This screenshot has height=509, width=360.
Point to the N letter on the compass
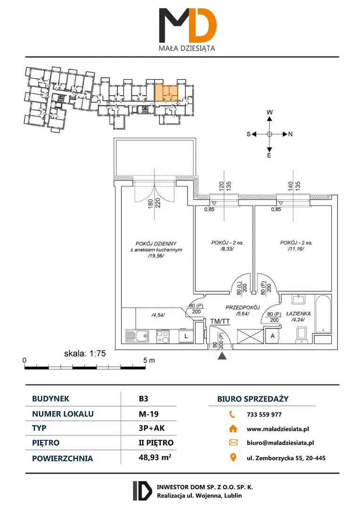290,134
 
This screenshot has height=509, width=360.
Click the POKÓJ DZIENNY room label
156,244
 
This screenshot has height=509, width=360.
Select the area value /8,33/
227,249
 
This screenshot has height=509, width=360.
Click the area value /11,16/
296,249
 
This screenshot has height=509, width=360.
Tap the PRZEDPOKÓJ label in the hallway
243,307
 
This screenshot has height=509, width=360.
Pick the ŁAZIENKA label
298,313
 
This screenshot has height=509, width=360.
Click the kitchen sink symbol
137,336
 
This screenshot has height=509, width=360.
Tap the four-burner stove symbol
163,337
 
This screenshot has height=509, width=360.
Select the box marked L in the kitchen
186,336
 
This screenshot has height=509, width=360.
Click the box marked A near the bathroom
273,336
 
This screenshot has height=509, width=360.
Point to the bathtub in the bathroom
323,314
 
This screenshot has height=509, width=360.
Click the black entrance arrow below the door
222,356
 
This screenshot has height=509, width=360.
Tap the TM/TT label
220,321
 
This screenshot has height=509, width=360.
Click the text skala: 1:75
85,353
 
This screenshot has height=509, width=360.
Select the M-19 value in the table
149,414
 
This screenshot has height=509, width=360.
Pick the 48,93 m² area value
155,457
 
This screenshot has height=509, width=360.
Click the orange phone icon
232,414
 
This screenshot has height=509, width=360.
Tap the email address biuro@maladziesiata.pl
280,443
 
